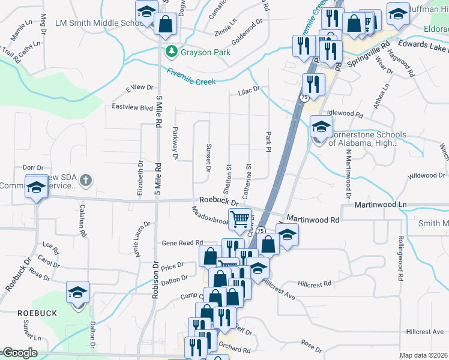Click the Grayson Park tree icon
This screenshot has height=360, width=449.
172,52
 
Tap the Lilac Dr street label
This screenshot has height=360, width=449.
249,90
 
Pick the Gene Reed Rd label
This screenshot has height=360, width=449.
182,242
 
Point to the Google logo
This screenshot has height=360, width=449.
19,353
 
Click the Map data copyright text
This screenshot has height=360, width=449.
424,355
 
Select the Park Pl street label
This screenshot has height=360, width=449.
268,142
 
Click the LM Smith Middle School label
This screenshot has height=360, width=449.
97,23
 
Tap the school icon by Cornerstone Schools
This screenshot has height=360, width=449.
321,127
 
